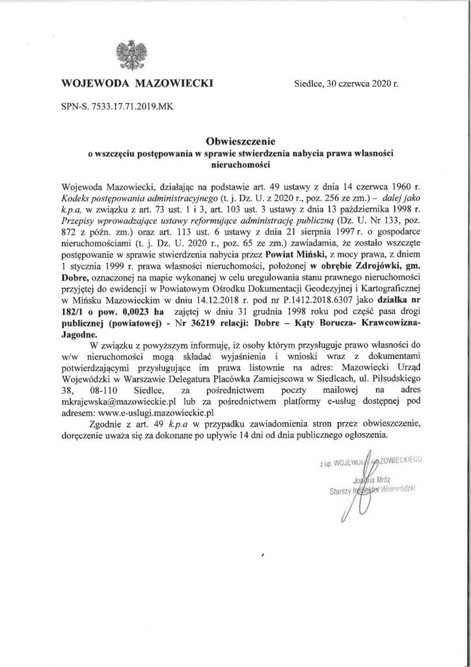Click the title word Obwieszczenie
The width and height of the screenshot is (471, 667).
pyautogui.click(x=235, y=140)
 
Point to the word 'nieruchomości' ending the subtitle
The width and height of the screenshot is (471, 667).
pyautogui.click(x=235, y=165)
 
